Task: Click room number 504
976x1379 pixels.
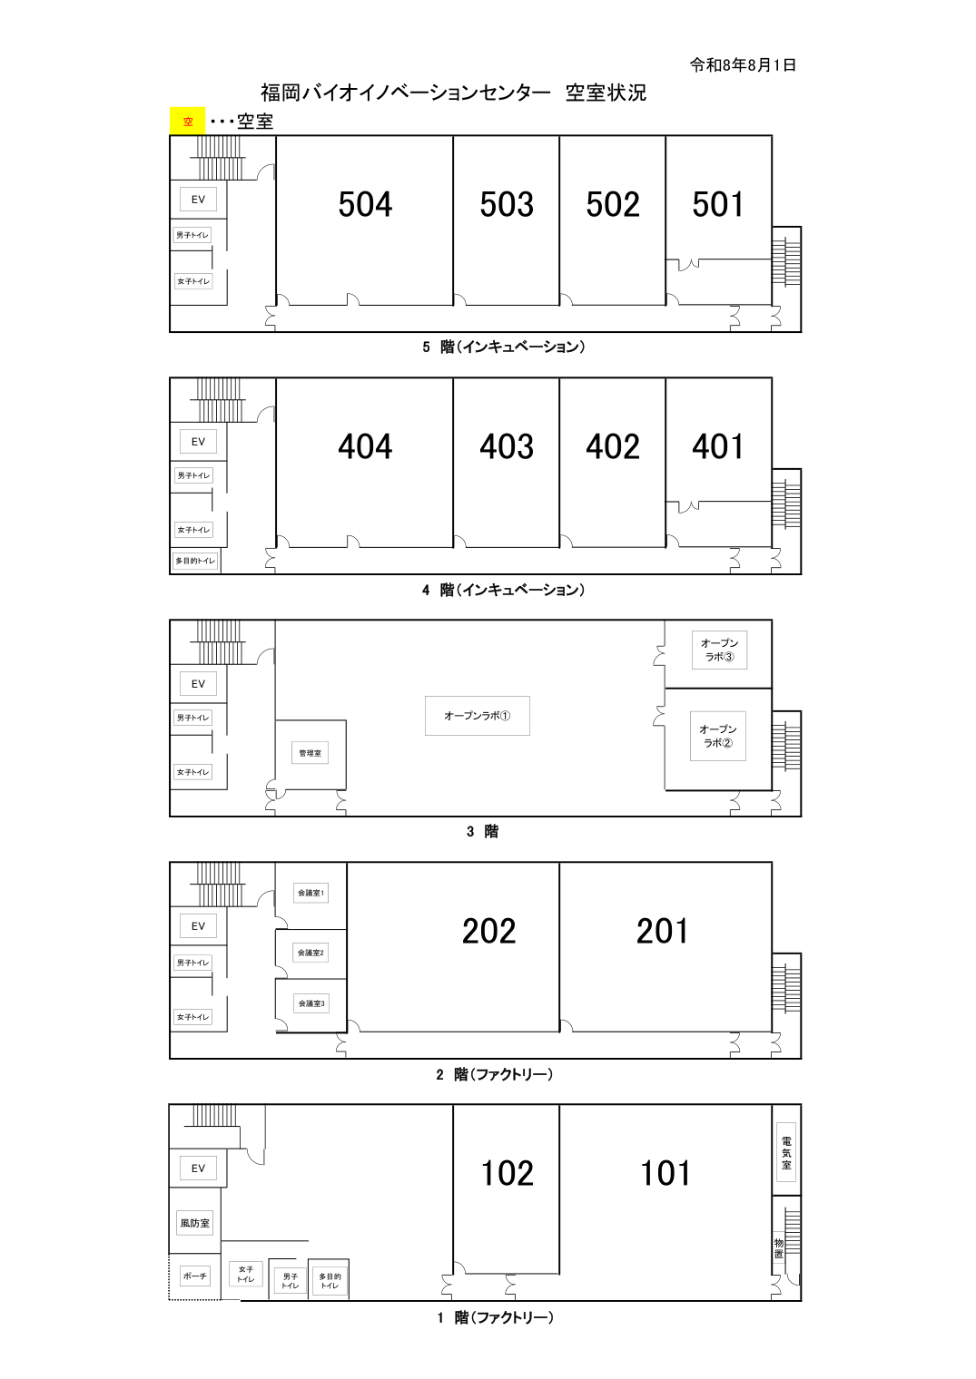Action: pyautogui.click(x=365, y=204)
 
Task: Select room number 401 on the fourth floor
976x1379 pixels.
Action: pyautogui.click(x=718, y=446)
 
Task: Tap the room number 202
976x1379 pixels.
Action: pyautogui.click(x=488, y=931)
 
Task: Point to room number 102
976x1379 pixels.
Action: pyautogui.click(x=507, y=1173)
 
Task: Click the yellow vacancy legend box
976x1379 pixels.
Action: pyautogui.click(x=187, y=122)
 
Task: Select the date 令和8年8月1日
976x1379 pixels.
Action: pyautogui.click(x=743, y=65)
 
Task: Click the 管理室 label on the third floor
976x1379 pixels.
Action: pyautogui.click(x=310, y=753)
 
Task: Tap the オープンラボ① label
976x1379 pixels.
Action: pyautogui.click(x=477, y=715)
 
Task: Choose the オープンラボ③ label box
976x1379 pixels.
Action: pyautogui.click(x=719, y=650)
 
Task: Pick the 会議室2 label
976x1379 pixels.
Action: pyautogui.click(x=311, y=953)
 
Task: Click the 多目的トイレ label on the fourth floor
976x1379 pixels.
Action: pyautogui.click(x=195, y=561)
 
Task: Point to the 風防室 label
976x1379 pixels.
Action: pyautogui.click(x=194, y=1223)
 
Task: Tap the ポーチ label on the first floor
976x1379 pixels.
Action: pyautogui.click(x=194, y=1276)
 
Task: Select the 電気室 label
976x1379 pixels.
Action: pyautogui.click(x=786, y=1154)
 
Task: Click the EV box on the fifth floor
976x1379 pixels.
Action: pyautogui.click(x=198, y=200)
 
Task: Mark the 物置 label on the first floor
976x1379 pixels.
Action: pyautogui.click(x=779, y=1247)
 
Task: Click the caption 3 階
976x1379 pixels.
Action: pyautogui.click(x=482, y=832)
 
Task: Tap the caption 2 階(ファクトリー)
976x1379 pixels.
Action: pyautogui.click(x=494, y=1074)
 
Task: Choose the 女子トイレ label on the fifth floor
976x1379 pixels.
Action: pyautogui.click(x=193, y=281)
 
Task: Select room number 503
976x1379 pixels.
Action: pyautogui.click(x=507, y=204)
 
